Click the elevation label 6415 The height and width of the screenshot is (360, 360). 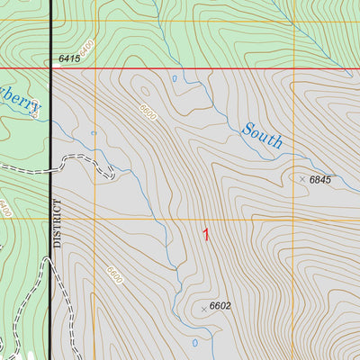pyautogui.click(x=68, y=59)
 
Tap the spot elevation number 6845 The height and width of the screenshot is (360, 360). pyautogui.click(x=320, y=180)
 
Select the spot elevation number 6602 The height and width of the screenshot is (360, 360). pyautogui.click(x=220, y=306)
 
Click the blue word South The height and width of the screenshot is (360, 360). pyautogui.click(x=263, y=136)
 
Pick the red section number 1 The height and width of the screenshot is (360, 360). pyautogui.click(x=206, y=235)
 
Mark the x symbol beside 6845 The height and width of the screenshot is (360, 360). pyautogui.click(x=302, y=179)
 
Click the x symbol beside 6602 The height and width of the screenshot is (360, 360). pyautogui.click(x=203, y=306)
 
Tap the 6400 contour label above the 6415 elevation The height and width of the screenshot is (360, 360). pyautogui.click(x=85, y=44)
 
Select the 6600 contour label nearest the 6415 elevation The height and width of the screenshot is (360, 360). pyautogui.click(x=148, y=112)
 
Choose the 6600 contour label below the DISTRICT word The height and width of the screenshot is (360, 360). pyautogui.click(x=113, y=275)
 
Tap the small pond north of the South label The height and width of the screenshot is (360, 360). pyautogui.click(x=174, y=78)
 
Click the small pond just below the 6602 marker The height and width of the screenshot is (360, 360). pyautogui.click(x=194, y=342)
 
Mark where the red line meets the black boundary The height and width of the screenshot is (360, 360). pyautogui.click(x=50, y=67)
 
